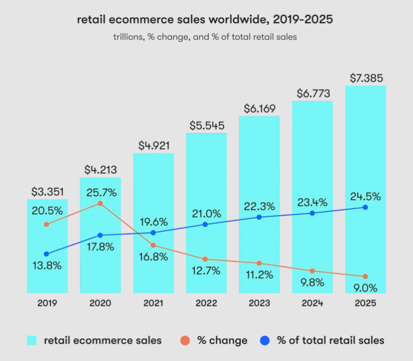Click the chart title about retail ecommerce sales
(205, 20)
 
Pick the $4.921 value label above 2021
(153, 145)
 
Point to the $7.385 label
(366, 77)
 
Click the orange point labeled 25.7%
(100, 203)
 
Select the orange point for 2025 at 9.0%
(366, 277)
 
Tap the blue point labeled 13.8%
(47, 254)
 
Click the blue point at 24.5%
(366, 207)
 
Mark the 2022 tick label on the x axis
(206, 303)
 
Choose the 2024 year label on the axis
(312, 303)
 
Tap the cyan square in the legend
(32, 340)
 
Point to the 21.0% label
(206, 214)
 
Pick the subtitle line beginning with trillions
(205, 37)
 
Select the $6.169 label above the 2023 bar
(259, 108)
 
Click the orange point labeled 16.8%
(153, 245)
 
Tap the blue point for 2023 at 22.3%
(259, 217)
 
